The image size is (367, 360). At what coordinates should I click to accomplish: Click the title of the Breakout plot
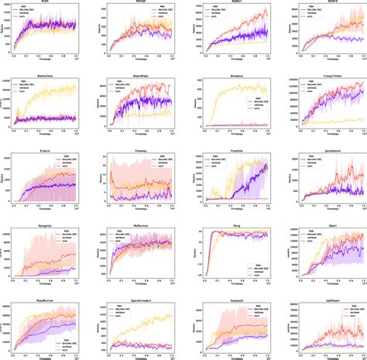click(x=231, y=78)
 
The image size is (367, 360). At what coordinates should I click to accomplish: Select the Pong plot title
click(x=231, y=224)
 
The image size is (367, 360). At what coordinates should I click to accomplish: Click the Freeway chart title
click(x=137, y=151)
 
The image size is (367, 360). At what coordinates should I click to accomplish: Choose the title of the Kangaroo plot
click(x=43, y=224)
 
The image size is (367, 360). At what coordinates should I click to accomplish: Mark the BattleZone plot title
click(x=43, y=78)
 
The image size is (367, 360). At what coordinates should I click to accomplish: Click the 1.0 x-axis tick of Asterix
click(x=174, y=58)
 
